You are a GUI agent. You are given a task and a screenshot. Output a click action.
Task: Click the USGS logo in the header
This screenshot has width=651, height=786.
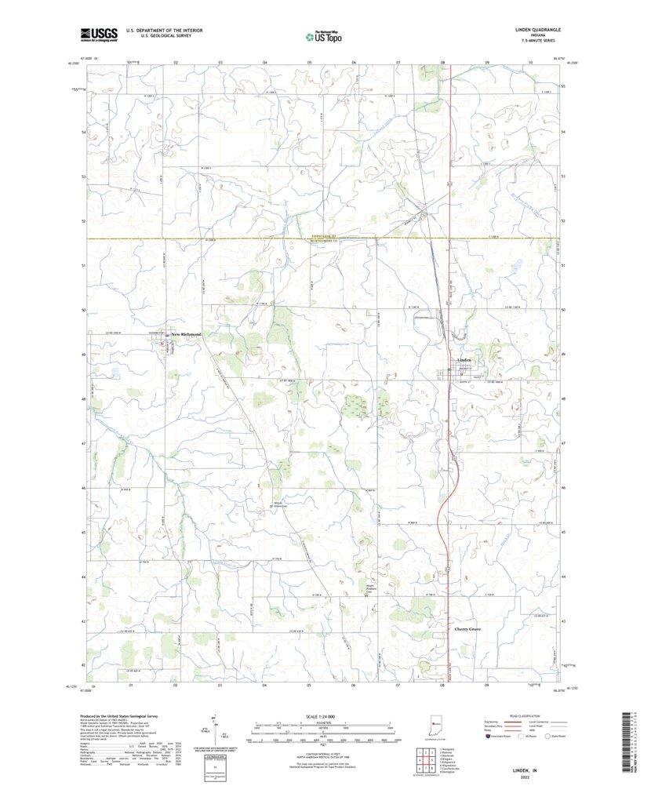[98, 34]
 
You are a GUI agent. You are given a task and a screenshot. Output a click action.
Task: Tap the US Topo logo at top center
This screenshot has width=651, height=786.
[324, 35]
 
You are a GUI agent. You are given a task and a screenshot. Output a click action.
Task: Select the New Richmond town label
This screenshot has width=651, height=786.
[187, 335]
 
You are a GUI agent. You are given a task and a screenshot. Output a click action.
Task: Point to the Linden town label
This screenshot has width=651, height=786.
[464, 360]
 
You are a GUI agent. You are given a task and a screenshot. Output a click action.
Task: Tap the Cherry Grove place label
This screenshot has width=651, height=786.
[468, 629]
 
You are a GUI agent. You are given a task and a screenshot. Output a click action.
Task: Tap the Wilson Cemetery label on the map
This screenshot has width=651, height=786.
[276, 504]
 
